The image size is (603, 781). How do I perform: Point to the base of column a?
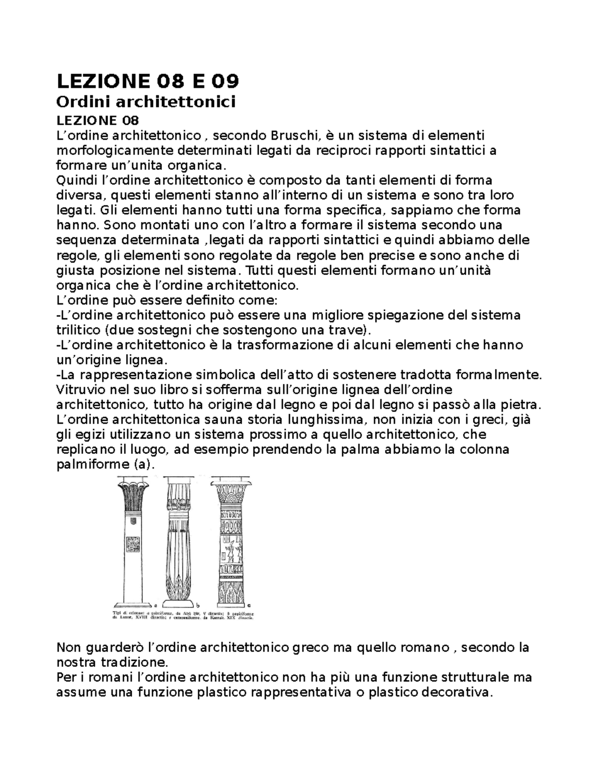pyautogui.click(x=132, y=605)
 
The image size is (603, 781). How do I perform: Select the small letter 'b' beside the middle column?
pyautogui.click(x=198, y=605)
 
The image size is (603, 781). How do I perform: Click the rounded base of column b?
pyautogui.click(x=178, y=603)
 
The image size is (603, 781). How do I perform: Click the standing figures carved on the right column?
pyautogui.click(x=231, y=552)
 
